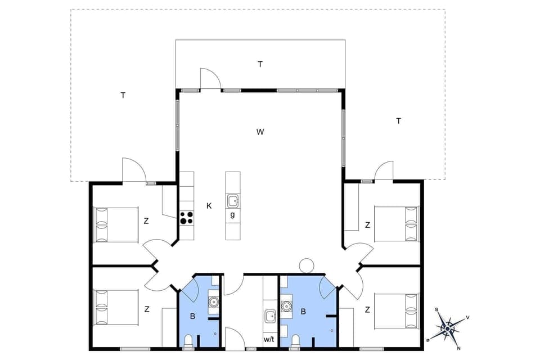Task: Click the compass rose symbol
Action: [x=448, y=327]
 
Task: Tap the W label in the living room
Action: [x=260, y=132]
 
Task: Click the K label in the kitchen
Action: [x=209, y=206]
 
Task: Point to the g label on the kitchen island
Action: [x=232, y=215]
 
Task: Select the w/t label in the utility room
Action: [x=269, y=340]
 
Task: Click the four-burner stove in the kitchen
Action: [x=186, y=218]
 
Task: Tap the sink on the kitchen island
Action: [x=232, y=200]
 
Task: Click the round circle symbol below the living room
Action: [x=307, y=265]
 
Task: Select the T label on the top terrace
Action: [x=260, y=64]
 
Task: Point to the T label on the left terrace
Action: [x=123, y=95]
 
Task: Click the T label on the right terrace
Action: [x=398, y=121]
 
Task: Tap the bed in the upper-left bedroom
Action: [x=116, y=224]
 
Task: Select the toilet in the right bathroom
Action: [x=295, y=341]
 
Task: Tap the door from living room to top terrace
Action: [x=210, y=79]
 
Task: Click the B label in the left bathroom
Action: [x=192, y=317]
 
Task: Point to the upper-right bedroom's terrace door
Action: [x=384, y=172]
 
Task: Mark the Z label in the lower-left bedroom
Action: [x=146, y=309]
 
